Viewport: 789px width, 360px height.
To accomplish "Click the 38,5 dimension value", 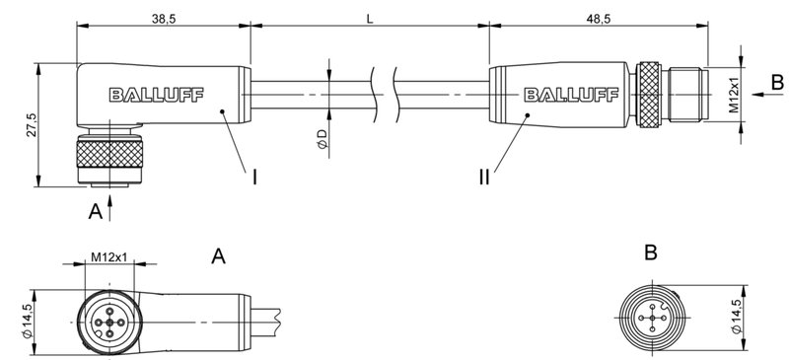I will coord(163,18).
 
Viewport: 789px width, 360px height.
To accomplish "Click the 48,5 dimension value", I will coord(597,18).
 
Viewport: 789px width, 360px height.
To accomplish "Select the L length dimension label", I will coord(369,18).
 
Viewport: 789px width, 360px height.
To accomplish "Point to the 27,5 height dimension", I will coord(31,125).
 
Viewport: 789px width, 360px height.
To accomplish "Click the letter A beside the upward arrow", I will coord(94,209).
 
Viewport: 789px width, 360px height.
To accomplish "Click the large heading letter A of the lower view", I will coord(219,256).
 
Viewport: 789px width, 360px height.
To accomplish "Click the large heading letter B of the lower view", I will coord(650,253).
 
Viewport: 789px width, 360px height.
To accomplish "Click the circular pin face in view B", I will coord(650,318).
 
